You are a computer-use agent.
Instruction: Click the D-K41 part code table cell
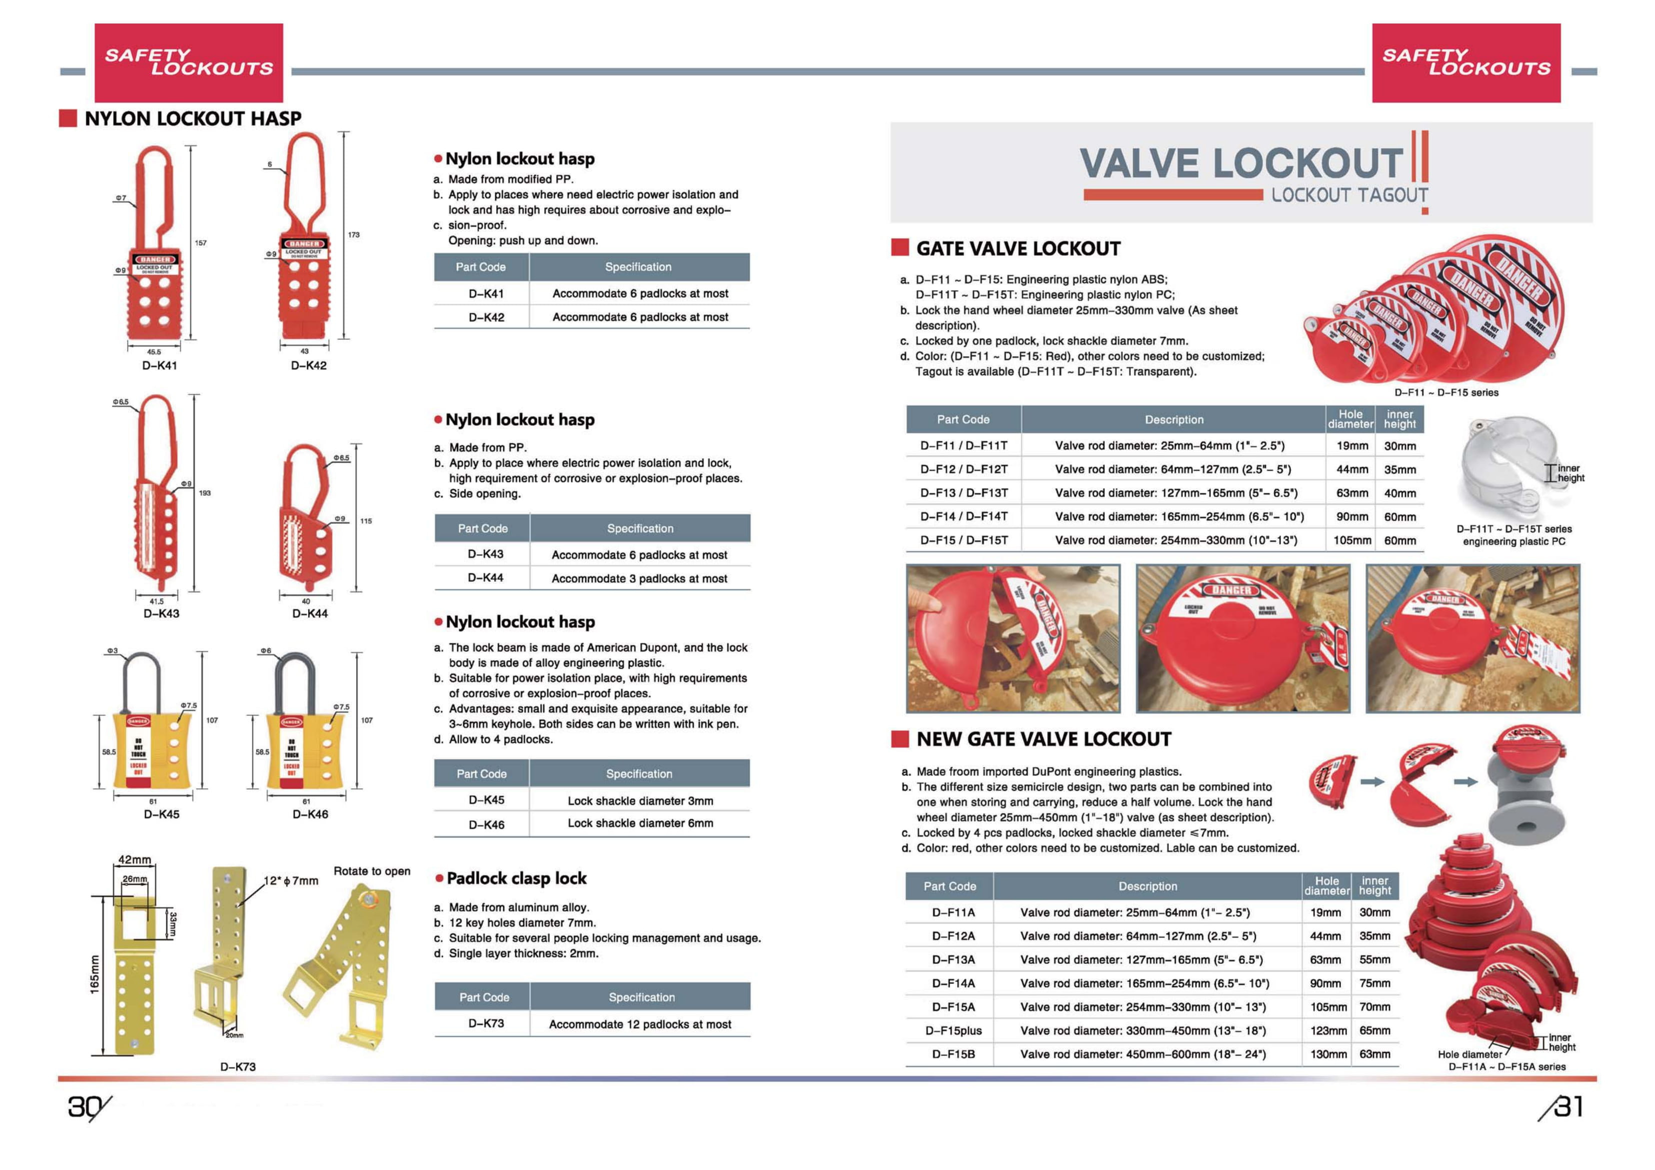click(x=486, y=294)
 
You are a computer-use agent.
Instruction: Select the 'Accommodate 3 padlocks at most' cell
click(x=639, y=578)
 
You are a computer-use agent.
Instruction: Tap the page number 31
click(x=1568, y=1106)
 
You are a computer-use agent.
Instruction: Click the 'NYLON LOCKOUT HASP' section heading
click(x=193, y=118)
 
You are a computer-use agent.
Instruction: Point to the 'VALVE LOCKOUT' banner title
click(x=1240, y=163)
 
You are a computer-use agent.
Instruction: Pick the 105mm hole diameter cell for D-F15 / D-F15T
click(x=1351, y=540)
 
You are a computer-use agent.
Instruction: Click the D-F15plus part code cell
click(x=953, y=1030)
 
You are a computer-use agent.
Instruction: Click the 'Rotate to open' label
click(x=372, y=871)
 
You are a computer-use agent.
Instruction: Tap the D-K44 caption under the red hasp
click(x=310, y=613)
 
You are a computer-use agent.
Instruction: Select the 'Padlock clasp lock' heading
click(x=516, y=878)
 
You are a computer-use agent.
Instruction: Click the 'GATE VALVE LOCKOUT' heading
click(x=1018, y=249)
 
